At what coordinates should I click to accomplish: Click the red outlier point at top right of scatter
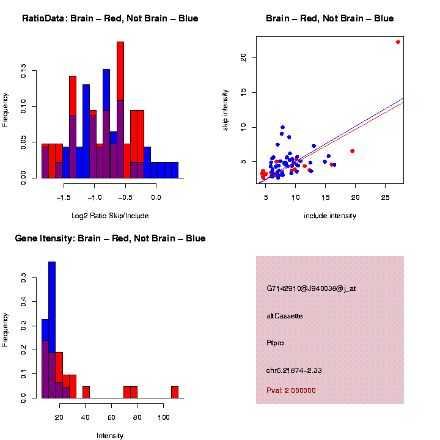coord(398,42)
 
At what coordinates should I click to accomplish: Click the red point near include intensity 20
coord(352,151)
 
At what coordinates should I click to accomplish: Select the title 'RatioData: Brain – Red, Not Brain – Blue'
coord(110,19)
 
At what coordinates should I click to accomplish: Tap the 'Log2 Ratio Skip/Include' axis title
coord(110,216)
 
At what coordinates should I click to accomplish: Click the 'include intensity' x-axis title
coord(329,216)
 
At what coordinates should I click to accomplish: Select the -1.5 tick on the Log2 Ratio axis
coord(63,197)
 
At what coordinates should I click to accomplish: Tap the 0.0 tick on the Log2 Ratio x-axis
coord(156,197)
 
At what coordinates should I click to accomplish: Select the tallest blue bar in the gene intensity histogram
coord(52,306)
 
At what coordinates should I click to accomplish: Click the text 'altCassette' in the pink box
coord(285,316)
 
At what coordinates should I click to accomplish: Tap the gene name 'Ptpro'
coord(275,343)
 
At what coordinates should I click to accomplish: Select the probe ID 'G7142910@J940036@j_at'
coord(311,288)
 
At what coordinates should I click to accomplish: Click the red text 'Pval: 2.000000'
coord(291,391)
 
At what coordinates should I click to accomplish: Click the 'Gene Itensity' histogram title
coord(110,238)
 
